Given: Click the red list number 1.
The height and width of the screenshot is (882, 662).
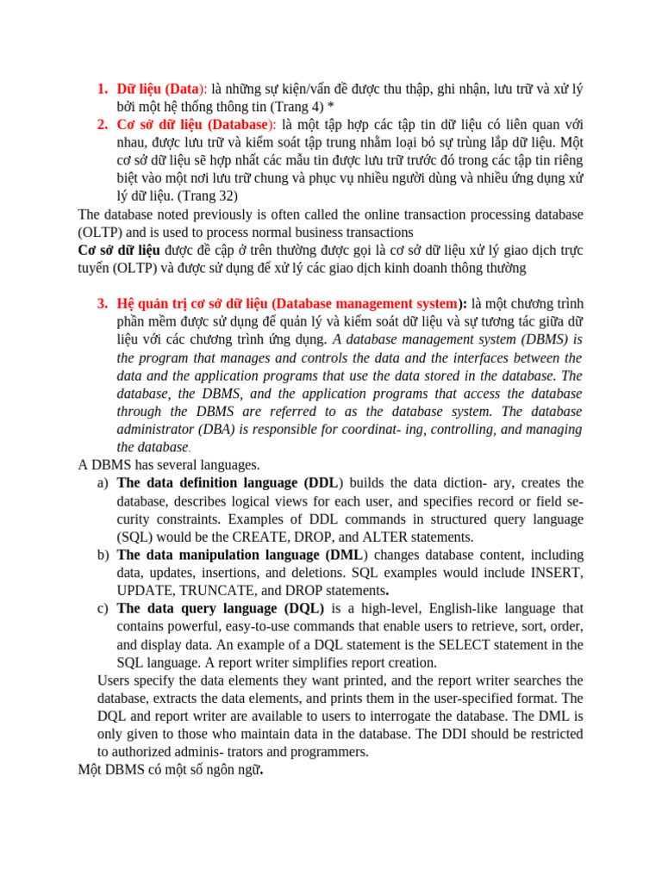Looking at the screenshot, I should (102, 89).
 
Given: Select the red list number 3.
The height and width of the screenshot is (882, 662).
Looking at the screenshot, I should (102, 303).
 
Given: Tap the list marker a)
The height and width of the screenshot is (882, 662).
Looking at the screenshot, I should (103, 482).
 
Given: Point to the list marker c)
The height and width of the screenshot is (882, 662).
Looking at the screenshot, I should (103, 608).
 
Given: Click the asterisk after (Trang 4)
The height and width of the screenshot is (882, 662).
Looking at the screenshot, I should (331, 107).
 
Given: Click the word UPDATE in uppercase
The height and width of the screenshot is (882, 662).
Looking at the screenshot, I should (145, 591).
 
